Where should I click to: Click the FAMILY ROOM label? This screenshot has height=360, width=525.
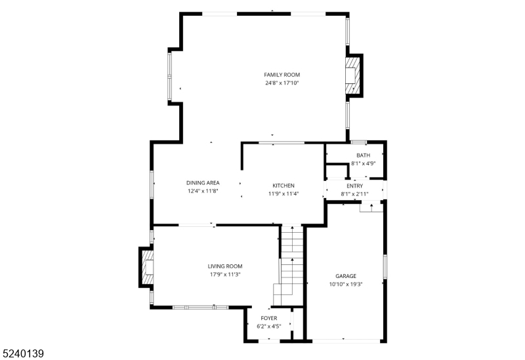coord(282,75)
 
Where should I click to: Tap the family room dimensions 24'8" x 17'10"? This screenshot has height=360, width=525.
coord(282,83)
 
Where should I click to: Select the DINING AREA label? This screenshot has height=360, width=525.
coord(203,182)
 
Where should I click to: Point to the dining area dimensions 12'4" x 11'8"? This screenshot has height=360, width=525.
coord(203,191)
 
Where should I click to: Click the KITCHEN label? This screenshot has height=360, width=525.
coord(283,186)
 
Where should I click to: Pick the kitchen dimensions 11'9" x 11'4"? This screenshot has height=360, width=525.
coord(283,194)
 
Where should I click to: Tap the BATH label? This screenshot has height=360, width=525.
coord(363,155)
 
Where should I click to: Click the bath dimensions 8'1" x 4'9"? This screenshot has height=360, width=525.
coord(363,163)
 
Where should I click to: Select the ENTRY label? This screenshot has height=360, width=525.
coord(354,186)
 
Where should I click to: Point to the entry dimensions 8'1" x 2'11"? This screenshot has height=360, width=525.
coord(354,194)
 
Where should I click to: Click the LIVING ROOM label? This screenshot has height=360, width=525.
coord(225,266)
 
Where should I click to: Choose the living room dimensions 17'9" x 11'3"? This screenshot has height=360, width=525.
coord(225,275)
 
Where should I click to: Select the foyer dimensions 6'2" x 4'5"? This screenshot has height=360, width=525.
coord(269,326)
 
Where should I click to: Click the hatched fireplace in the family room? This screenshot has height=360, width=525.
coord(352,75)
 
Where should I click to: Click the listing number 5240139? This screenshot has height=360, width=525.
coord(23,353)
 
